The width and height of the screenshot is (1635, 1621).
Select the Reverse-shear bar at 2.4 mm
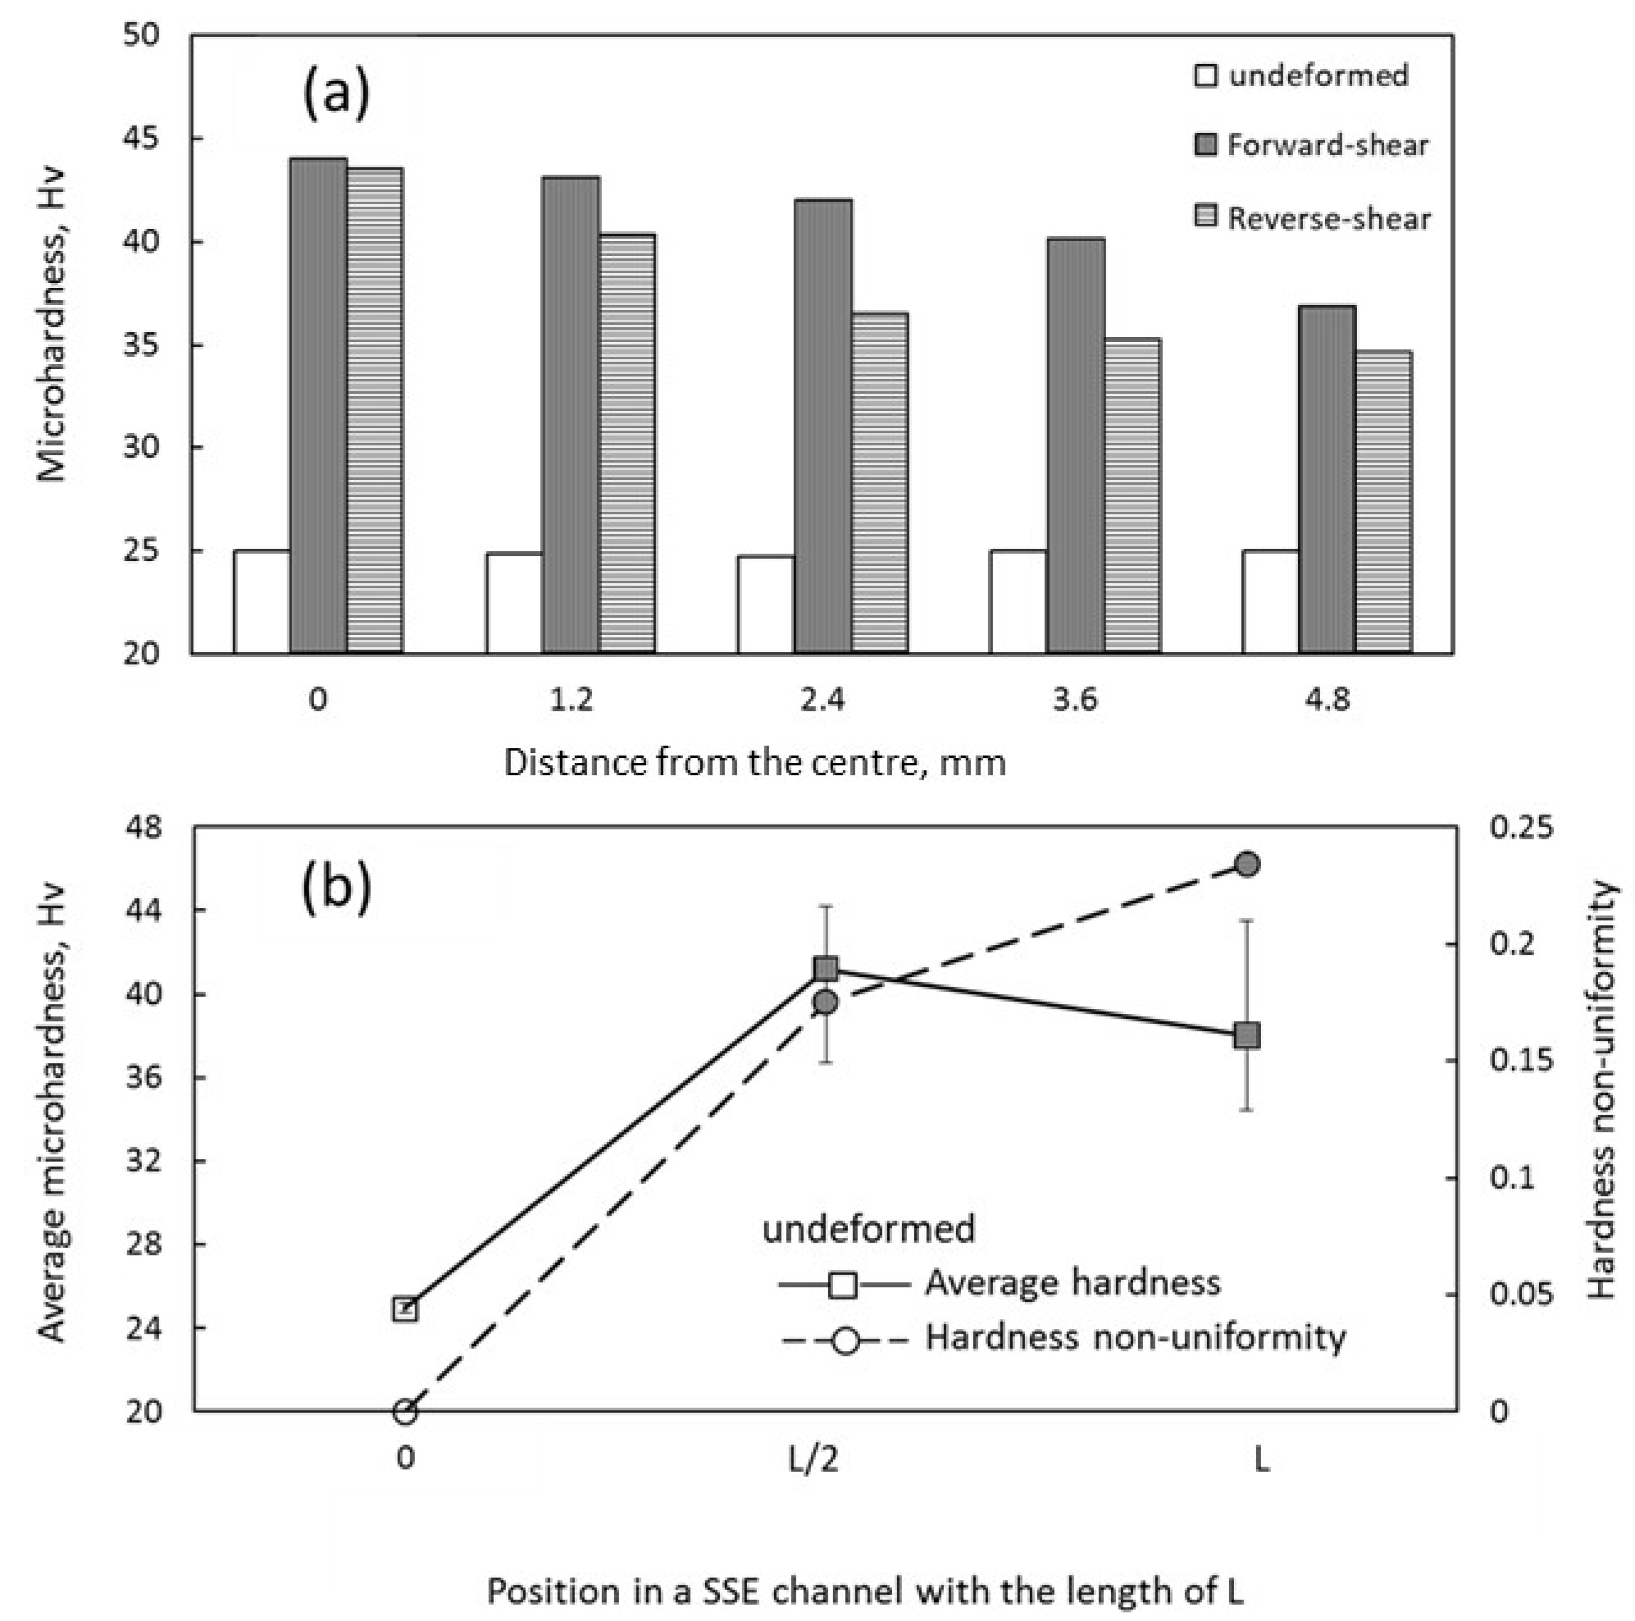[x=879, y=482]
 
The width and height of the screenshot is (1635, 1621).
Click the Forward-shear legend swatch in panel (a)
[x=1205, y=146]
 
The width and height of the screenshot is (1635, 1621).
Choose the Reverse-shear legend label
[x=1329, y=219]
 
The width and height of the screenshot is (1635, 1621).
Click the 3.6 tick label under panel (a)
[x=1075, y=700]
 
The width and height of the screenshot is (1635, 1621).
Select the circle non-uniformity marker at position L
[x=1248, y=864]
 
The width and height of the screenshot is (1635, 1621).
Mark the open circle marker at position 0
[x=405, y=1412]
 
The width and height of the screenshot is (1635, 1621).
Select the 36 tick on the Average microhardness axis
[x=146, y=1078]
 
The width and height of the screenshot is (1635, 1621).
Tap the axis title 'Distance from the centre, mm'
[x=755, y=763]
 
